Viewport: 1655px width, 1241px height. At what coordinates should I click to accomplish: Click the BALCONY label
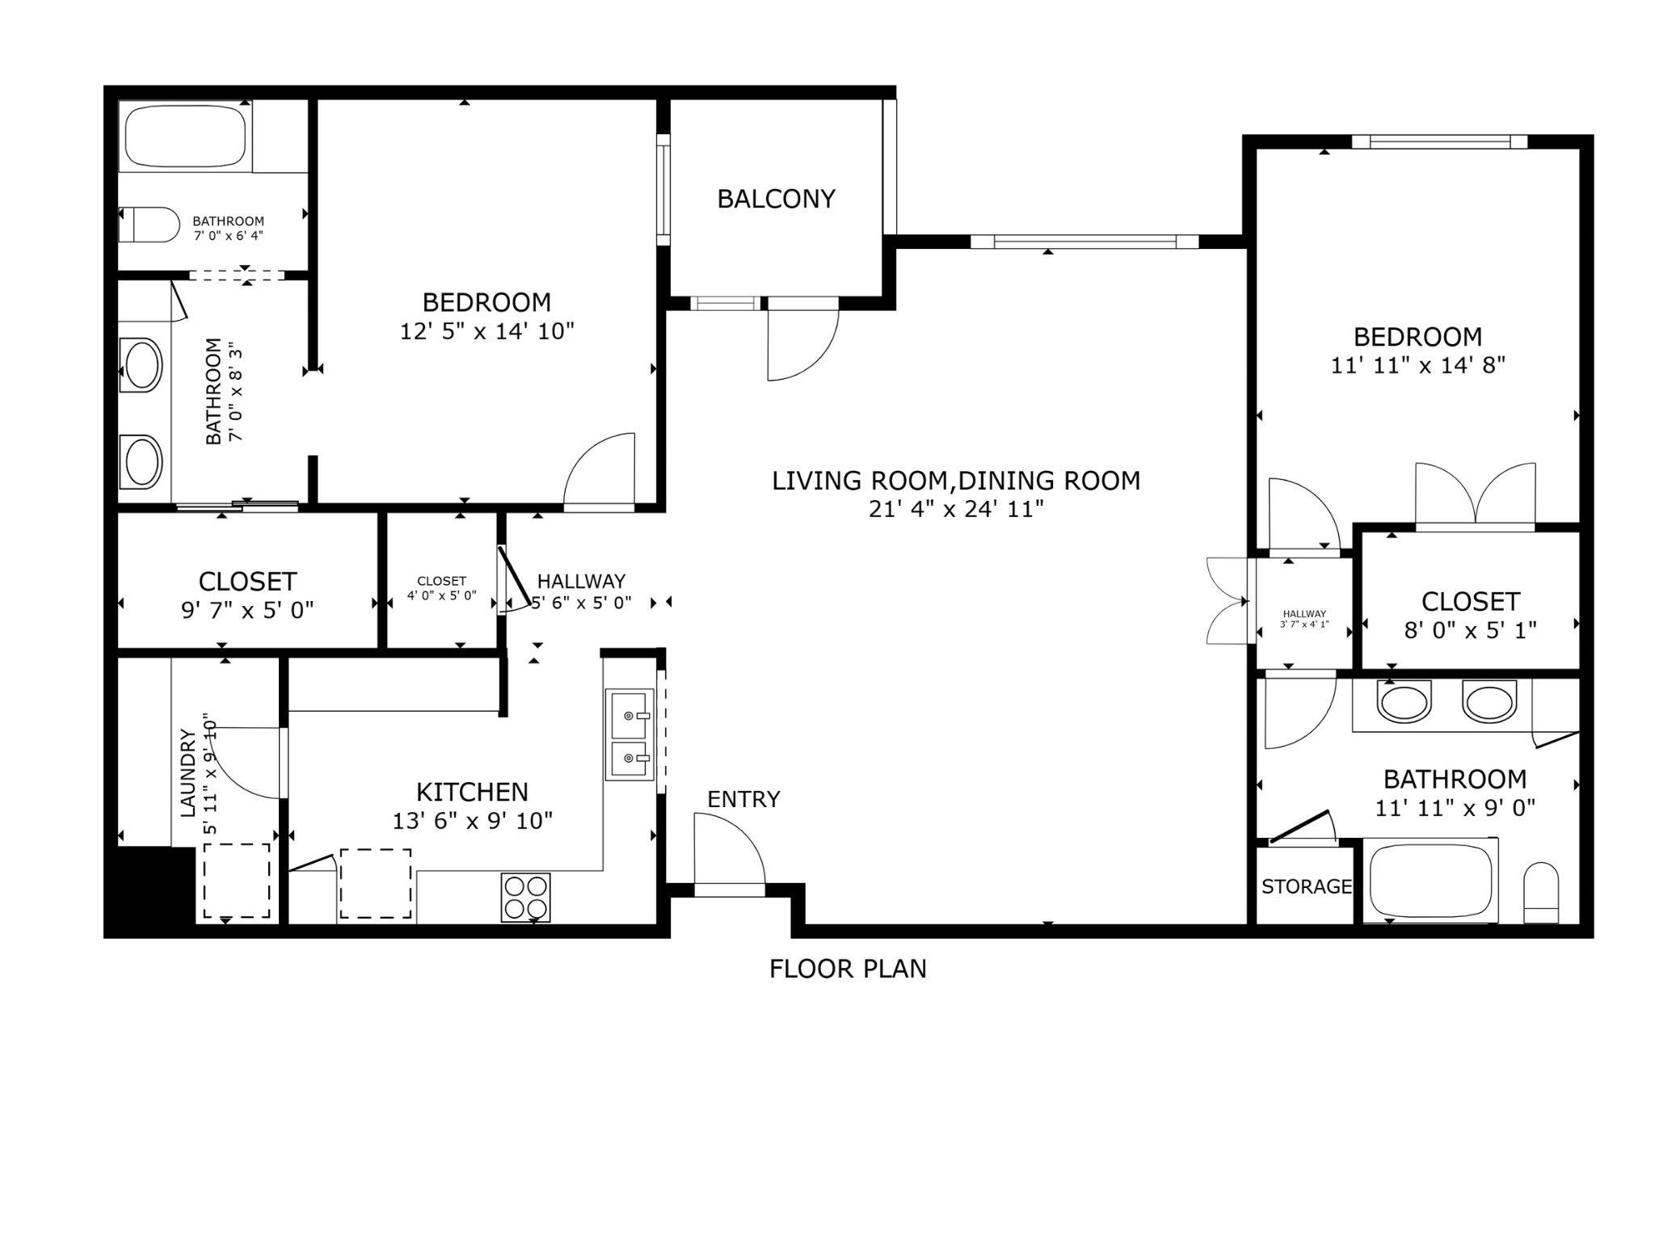pos(776,199)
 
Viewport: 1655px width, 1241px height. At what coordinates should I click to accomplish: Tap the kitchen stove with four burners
pos(526,897)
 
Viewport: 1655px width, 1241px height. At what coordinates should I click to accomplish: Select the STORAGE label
pos(1307,886)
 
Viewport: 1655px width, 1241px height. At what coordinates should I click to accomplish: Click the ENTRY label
pos(743,799)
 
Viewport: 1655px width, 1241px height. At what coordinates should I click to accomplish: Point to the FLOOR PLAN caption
pos(848,969)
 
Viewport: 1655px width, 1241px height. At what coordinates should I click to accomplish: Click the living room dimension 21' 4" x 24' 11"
pos(956,510)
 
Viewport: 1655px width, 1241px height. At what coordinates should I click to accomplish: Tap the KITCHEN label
pos(472,792)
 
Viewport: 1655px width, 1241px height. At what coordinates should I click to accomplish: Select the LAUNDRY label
pos(187,773)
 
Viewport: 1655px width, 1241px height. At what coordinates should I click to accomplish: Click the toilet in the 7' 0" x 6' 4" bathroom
pos(149,225)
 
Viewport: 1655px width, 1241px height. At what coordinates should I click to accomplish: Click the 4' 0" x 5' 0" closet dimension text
pos(441,596)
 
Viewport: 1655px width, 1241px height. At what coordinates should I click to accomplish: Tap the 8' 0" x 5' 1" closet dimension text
pos(1470,630)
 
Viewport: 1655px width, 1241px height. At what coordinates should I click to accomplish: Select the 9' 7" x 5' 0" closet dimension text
pos(247,610)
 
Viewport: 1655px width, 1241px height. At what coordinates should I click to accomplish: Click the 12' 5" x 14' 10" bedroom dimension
pos(487,331)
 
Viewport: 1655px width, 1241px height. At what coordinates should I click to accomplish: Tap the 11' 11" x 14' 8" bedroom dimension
pos(1418,365)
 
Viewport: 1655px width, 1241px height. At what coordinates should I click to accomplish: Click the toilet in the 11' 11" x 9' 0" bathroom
pos(1540,894)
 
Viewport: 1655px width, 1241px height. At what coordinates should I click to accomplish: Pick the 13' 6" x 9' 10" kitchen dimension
pos(473,821)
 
